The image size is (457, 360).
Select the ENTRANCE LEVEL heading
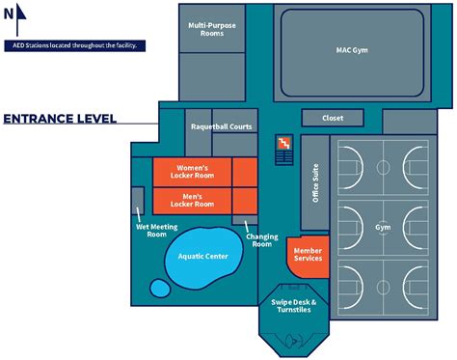tap(60, 120)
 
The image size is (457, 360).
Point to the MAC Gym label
tap(352, 50)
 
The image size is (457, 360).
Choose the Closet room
tap(333, 118)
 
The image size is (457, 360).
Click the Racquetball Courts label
tap(222, 126)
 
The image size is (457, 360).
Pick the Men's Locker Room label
tap(191, 201)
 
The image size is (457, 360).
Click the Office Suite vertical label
tap(314, 182)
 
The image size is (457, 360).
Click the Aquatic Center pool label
tap(203, 256)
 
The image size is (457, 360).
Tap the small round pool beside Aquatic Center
tap(158, 288)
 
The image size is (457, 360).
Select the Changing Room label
tap(262, 240)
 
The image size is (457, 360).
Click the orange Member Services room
tap(308, 255)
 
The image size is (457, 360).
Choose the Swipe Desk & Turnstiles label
tap(293, 307)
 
